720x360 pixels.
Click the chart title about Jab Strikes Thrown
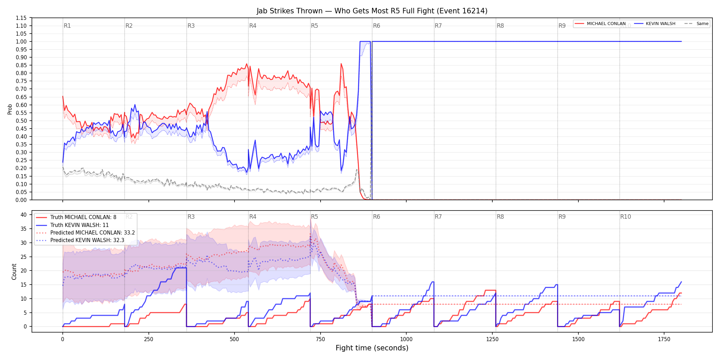tap(372, 11)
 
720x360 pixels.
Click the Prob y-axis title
tap(10, 109)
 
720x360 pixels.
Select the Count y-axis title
tap(14, 272)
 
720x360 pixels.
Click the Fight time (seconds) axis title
tap(372, 348)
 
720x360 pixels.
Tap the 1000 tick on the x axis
tap(406, 339)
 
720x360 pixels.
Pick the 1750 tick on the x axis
tap(664, 339)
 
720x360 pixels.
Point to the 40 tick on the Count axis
tap(24, 215)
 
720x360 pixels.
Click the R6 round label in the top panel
tap(376, 26)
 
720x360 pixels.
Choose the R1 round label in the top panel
tap(67, 26)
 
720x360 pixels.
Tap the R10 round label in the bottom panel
tap(625, 217)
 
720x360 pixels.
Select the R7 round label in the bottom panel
tap(438, 217)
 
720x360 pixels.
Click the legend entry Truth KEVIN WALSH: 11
tap(80, 225)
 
